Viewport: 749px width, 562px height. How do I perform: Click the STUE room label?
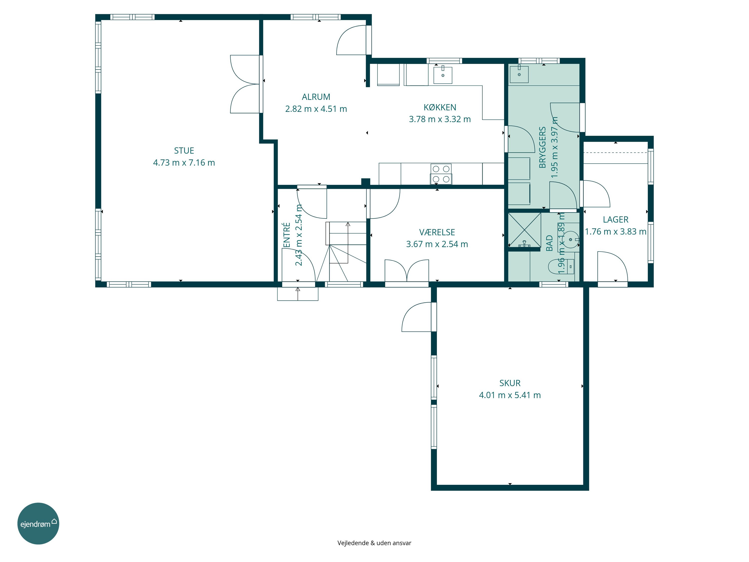pos(184,151)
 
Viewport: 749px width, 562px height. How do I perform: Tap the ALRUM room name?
pos(316,97)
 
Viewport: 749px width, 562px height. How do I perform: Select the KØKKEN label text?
pos(440,107)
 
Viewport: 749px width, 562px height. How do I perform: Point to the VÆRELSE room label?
pos(437,232)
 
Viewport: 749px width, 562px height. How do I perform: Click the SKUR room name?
pos(510,383)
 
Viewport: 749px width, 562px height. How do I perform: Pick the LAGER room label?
pos(616,220)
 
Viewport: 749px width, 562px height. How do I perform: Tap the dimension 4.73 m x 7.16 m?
pos(184,163)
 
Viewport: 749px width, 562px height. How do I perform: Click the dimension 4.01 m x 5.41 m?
pos(510,395)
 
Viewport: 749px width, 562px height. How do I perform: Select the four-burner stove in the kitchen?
pos(441,174)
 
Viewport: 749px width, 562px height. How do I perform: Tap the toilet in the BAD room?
pos(561,266)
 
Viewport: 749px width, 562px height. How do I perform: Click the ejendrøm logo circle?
pos(38,523)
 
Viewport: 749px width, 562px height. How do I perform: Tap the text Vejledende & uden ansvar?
pos(374,543)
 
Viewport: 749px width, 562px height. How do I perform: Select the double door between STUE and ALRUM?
pos(245,84)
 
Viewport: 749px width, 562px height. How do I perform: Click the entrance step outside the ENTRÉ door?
pos(298,294)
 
